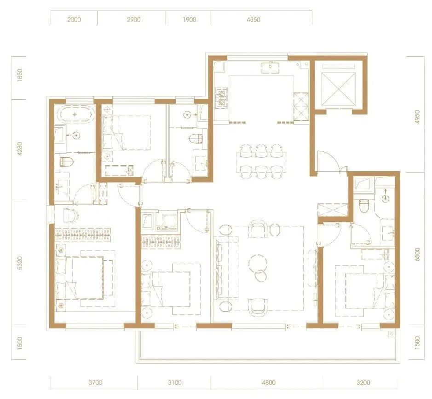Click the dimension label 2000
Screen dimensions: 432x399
[x=74, y=20]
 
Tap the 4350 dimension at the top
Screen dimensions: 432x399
[x=253, y=20]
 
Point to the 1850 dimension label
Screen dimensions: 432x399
[x=20, y=75]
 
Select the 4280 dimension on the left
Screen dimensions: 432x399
[x=20, y=149]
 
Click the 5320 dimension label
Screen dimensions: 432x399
[x=20, y=263]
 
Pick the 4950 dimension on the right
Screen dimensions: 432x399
[x=417, y=117]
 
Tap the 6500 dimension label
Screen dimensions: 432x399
[x=417, y=254]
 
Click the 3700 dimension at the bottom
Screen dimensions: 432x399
[x=96, y=382]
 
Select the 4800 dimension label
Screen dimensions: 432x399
[x=269, y=382]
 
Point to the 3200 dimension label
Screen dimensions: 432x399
[x=363, y=382]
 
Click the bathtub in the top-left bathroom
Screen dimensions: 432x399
[x=75, y=114]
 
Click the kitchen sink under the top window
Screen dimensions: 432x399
[x=270, y=68]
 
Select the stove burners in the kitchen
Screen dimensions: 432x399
[x=222, y=98]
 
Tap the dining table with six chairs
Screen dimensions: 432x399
[x=261, y=162]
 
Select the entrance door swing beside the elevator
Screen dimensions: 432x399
[x=328, y=161]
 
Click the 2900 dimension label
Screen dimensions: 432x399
[x=133, y=20]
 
